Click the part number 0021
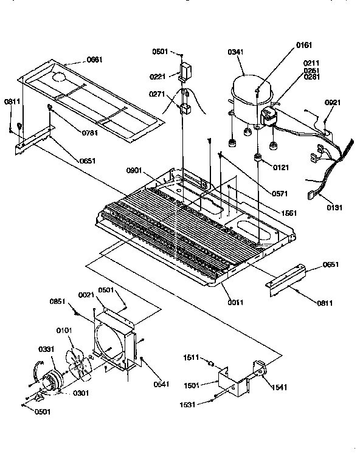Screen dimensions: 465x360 point(87,295)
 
